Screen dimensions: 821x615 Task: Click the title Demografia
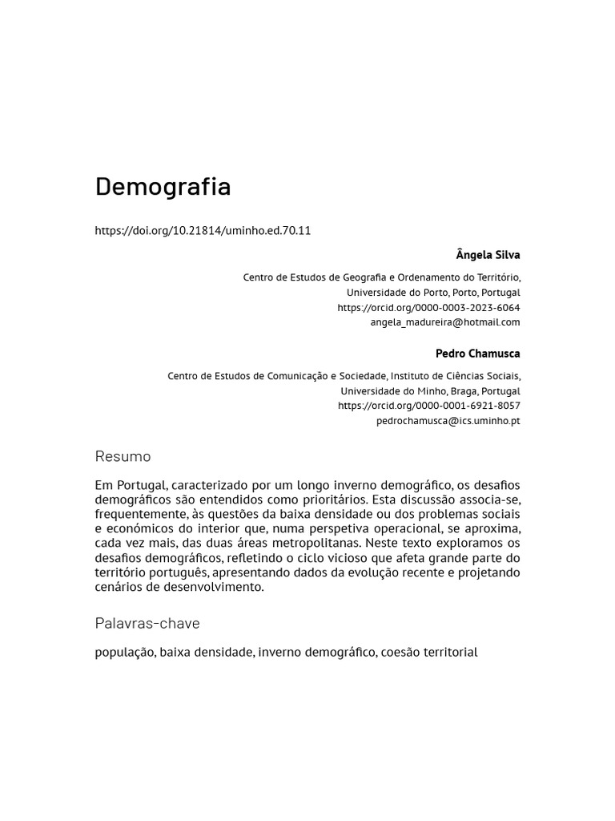[163, 187]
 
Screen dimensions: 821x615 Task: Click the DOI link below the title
[203, 231]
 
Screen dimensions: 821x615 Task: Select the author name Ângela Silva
[488, 255]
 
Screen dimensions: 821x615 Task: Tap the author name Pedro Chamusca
[477, 354]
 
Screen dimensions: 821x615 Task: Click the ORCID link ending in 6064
[428, 308]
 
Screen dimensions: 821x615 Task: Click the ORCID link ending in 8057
[428, 406]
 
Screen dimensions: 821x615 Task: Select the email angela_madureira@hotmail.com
[444, 322]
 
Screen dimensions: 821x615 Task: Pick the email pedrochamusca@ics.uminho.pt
[448, 421]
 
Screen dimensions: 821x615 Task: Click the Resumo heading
[123, 457]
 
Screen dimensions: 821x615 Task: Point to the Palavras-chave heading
[147, 624]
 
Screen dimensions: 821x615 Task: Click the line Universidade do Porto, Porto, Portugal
[432, 293]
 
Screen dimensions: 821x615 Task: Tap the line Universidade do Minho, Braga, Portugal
[430, 391]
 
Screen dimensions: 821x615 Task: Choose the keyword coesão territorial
[429, 653]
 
